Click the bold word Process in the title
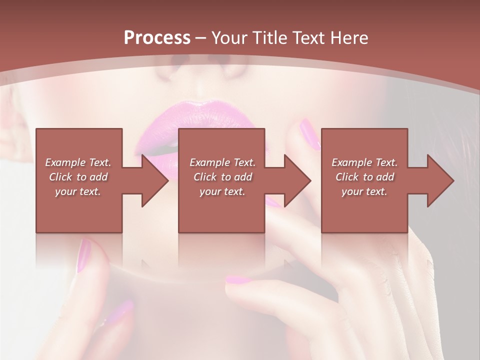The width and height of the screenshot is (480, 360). pos(157,38)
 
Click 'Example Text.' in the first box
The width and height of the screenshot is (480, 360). pos(78,162)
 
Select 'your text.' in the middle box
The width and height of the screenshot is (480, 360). pos(222,191)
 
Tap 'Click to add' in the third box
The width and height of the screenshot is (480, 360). pos(364,177)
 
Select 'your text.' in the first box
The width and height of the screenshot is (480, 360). pos(78,191)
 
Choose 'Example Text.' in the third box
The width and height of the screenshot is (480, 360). pos(364,162)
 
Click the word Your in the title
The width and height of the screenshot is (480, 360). pos(229,38)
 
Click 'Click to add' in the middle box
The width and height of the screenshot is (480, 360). pos(222,177)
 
